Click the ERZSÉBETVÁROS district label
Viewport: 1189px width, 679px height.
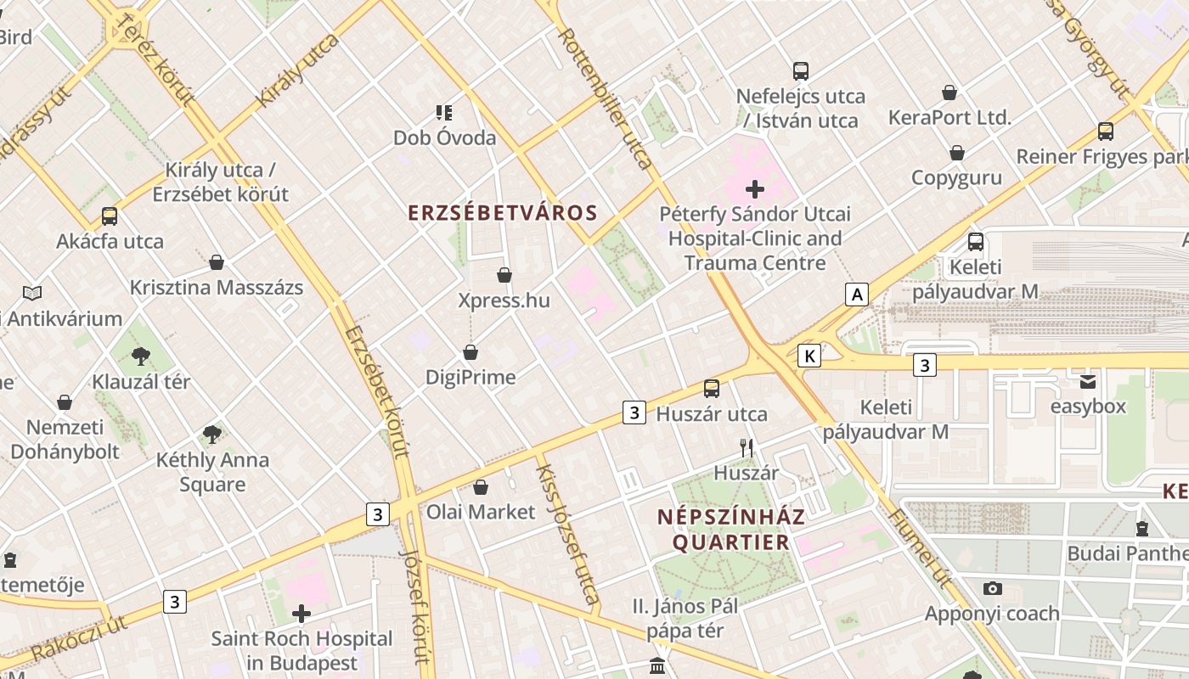tap(503, 212)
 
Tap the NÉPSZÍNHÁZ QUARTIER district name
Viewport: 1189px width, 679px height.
tap(732, 529)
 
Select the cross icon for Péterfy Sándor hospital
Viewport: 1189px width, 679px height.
tap(754, 188)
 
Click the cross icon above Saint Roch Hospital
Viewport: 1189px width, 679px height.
tap(301, 613)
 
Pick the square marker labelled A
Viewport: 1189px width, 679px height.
tap(857, 295)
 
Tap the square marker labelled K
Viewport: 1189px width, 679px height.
tap(810, 356)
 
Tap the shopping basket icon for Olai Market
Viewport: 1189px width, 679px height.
tap(481, 487)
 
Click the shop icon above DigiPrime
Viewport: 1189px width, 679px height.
tap(471, 352)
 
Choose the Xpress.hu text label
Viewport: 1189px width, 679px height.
tap(504, 300)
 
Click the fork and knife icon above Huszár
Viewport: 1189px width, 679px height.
tap(747, 447)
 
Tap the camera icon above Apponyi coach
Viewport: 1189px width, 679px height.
tap(992, 588)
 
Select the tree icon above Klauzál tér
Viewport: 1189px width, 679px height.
tap(141, 356)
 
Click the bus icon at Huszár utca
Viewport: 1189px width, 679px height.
tap(712, 389)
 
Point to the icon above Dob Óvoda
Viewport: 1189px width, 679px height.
tap(444, 112)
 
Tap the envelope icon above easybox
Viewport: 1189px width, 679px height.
tap(1088, 381)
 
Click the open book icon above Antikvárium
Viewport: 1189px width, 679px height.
tap(32, 293)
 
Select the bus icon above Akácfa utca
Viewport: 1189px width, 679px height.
tap(110, 216)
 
